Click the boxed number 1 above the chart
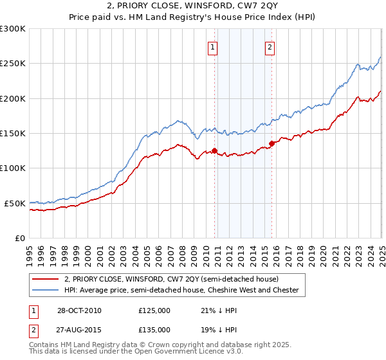point(212,46)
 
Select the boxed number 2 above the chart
point(270,46)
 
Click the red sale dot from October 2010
point(215,151)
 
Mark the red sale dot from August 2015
point(271,143)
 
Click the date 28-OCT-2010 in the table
point(79,311)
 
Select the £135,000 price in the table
point(154,329)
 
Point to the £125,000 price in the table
point(154,311)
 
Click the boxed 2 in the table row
point(34,329)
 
